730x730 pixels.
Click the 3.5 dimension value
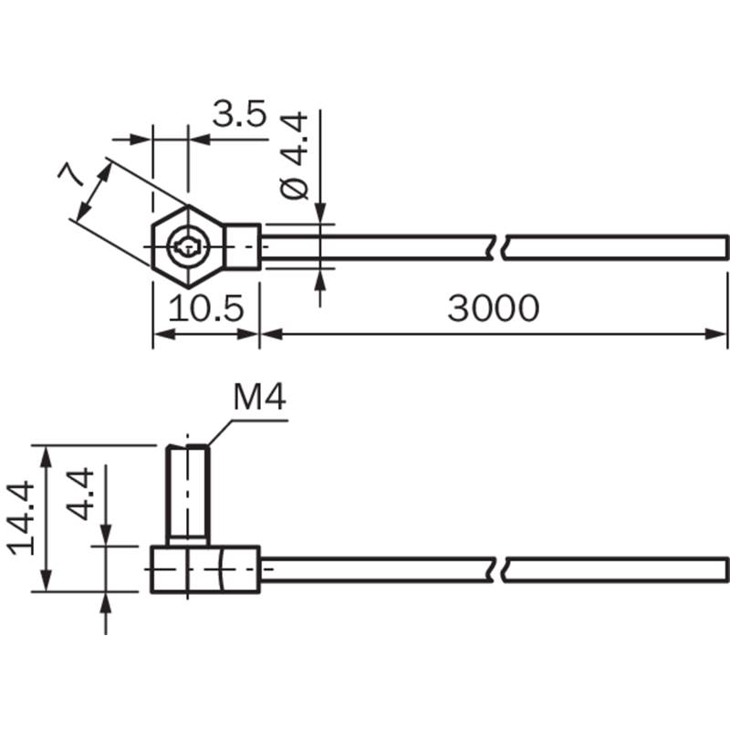(239, 116)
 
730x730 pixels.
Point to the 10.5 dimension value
(207, 309)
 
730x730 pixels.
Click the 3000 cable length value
(493, 309)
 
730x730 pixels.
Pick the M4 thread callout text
(260, 399)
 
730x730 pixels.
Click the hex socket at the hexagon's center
(187, 245)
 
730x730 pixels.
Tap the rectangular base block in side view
(205, 569)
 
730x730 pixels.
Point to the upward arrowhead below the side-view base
(106, 601)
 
